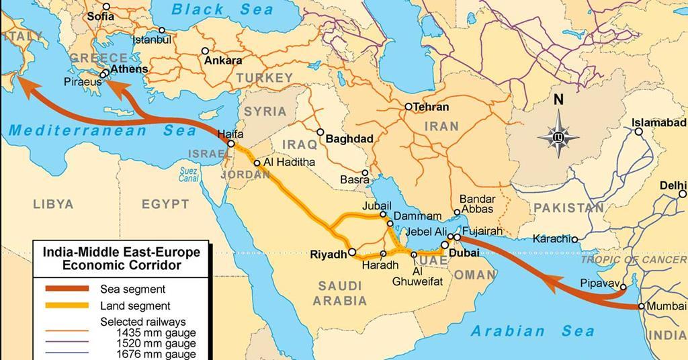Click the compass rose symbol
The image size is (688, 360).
pos(558,138)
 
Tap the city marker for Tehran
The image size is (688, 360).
pos(408,107)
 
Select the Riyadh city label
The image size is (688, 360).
pos(328,255)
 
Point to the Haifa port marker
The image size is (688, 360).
pos(231,144)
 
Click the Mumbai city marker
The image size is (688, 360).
pos(642,306)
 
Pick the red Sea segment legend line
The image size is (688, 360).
pos(67,289)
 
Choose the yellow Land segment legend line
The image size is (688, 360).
pos(67,306)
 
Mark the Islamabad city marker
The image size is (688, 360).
pos(638,132)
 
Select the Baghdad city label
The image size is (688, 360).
pos(349,139)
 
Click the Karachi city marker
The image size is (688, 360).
pos(575,239)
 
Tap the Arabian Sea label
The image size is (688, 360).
pos(533,330)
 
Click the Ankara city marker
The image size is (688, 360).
pos(205,51)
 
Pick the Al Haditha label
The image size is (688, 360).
pos(290,163)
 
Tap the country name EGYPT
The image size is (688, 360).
pos(165,204)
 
